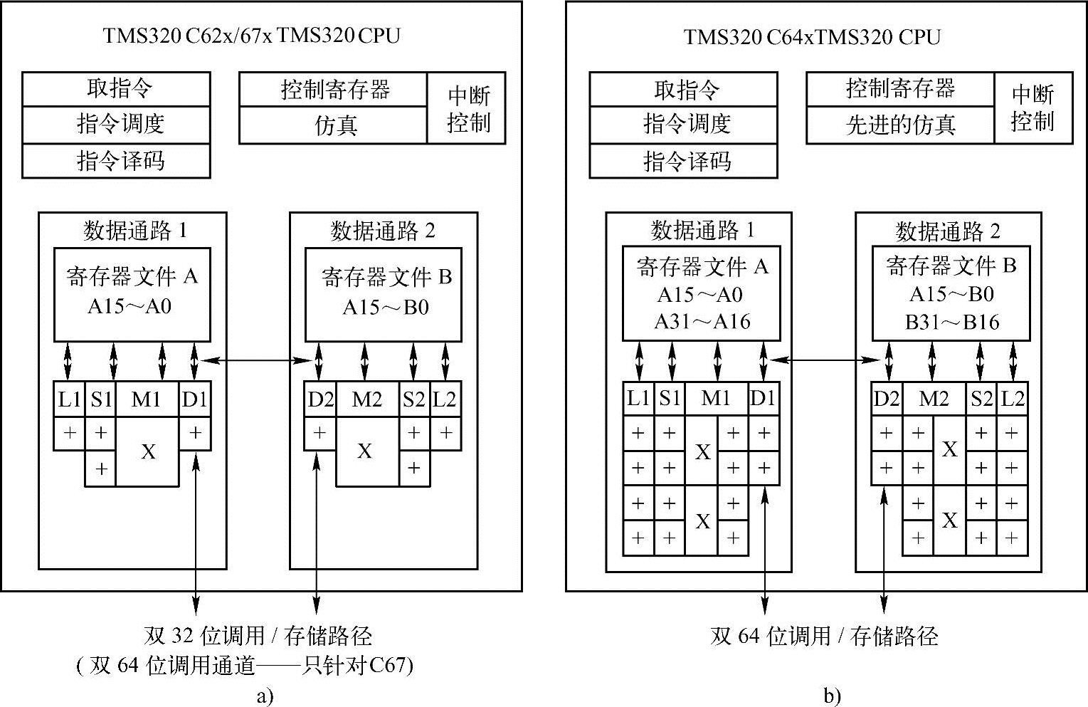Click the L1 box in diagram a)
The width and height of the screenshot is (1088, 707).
pyautogui.click(x=69, y=399)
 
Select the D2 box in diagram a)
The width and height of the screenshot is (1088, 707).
pyautogui.click(x=320, y=399)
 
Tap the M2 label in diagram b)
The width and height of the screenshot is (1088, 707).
pyautogui.click(x=934, y=399)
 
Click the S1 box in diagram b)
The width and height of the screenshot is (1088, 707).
pyautogui.click(x=670, y=399)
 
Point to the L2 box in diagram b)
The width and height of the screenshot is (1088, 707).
pyautogui.click(x=1012, y=399)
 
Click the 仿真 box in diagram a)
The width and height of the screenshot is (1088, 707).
pyautogui.click(x=334, y=126)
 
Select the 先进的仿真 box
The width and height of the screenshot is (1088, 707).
pyautogui.click(x=900, y=125)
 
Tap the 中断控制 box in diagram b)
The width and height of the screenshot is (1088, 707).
pyautogui.click(x=1032, y=108)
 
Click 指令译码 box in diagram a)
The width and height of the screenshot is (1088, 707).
pyautogui.click(x=117, y=161)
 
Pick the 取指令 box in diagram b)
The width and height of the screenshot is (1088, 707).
pyautogui.click(x=684, y=90)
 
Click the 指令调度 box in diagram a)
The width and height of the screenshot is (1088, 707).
pyautogui.click(x=117, y=125)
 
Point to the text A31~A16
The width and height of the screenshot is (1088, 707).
pyautogui.click(x=702, y=322)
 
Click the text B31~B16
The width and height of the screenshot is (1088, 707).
pyautogui.click(x=952, y=322)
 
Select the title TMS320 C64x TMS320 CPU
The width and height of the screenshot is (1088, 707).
pyautogui.click(x=812, y=36)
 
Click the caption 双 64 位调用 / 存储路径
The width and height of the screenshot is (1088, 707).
pyautogui.click(x=824, y=636)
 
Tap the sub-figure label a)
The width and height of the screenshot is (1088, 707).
pyautogui.click(x=264, y=696)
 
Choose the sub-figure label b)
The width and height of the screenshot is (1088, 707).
pyautogui.click(x=832, y=696)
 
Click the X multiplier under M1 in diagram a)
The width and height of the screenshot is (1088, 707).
pyautogui.click(x=148, y=452)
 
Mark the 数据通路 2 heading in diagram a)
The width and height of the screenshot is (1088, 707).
pyautogui.click(x=383, y=231)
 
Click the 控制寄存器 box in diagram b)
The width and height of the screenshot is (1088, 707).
pyautogui.click(x=900, y=89)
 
